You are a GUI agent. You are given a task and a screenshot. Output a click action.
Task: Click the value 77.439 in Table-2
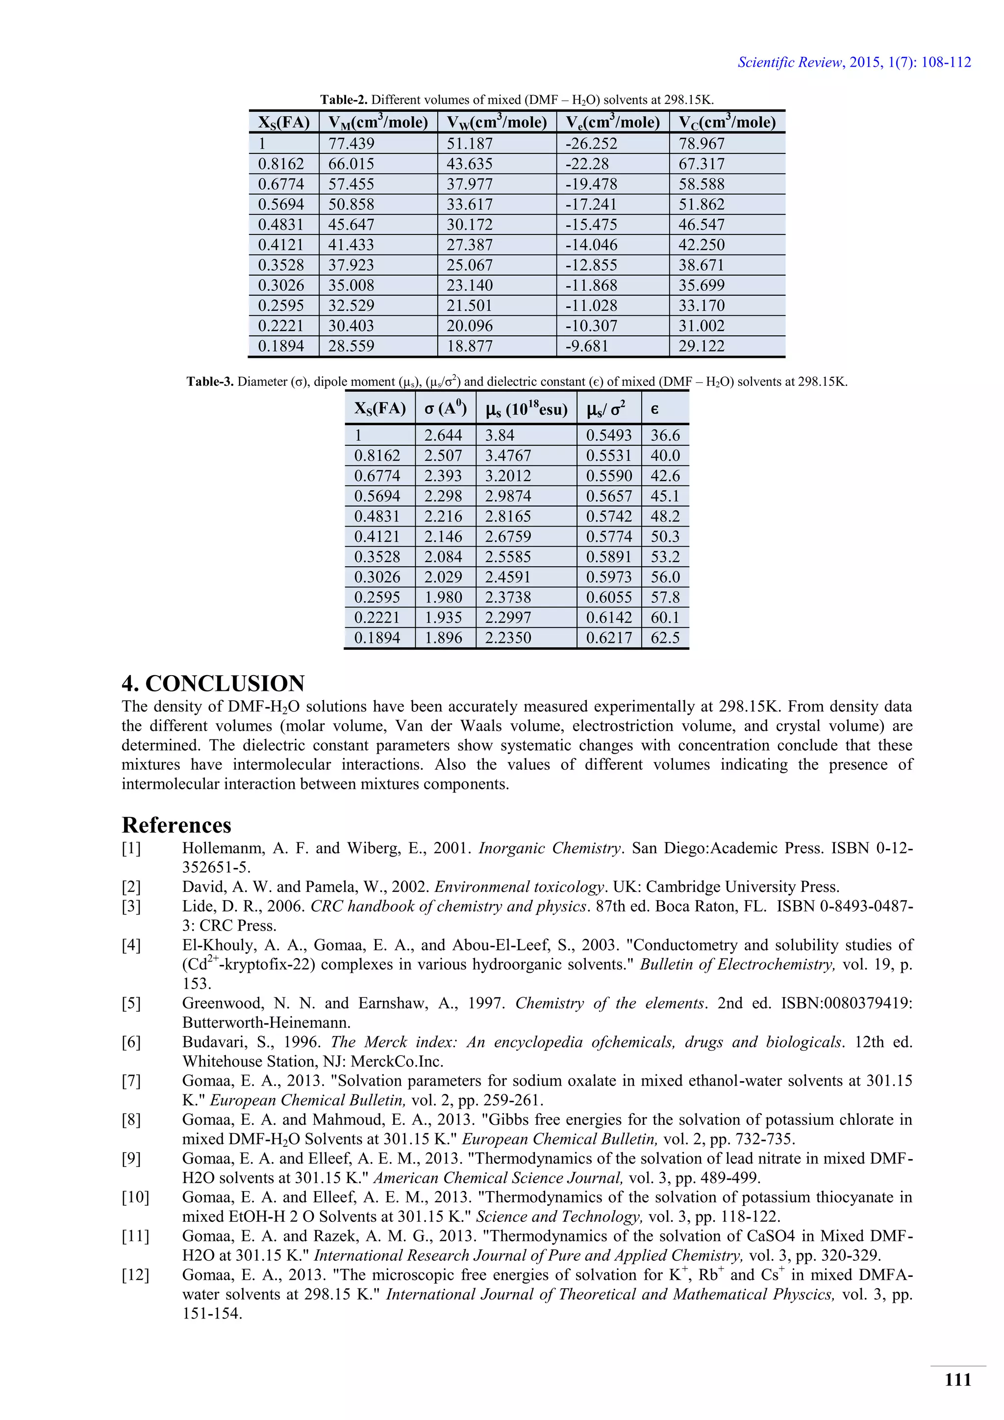tap(351, 144)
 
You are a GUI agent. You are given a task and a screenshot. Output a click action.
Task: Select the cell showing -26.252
tap(591, 144)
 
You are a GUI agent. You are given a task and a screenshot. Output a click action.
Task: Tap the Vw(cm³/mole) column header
tap(497, 122)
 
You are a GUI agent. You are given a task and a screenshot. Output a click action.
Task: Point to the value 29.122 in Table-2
tap(701, 346)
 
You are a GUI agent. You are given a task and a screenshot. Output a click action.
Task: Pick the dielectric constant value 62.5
tap(665, 637)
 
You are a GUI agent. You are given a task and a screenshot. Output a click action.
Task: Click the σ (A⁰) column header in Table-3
tap(445, 409)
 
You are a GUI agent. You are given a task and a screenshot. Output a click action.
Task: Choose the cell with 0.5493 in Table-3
tap(609, 435)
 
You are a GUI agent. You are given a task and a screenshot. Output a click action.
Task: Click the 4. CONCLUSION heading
tap(213, 684)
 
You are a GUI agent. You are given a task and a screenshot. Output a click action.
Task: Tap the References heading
tap(177, 825)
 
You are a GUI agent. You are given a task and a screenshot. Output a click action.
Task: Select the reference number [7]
tap(131, 1081)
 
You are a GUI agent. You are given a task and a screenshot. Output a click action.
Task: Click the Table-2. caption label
tap(344, 100)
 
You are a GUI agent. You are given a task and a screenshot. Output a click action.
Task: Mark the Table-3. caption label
tap(210, 381)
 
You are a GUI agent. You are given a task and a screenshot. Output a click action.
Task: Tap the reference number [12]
tap(135, 1275)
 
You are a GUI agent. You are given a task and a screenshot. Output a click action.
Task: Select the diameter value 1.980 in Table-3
tap(443, 597)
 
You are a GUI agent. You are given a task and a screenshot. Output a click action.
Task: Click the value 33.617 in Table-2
tap(470, 204)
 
